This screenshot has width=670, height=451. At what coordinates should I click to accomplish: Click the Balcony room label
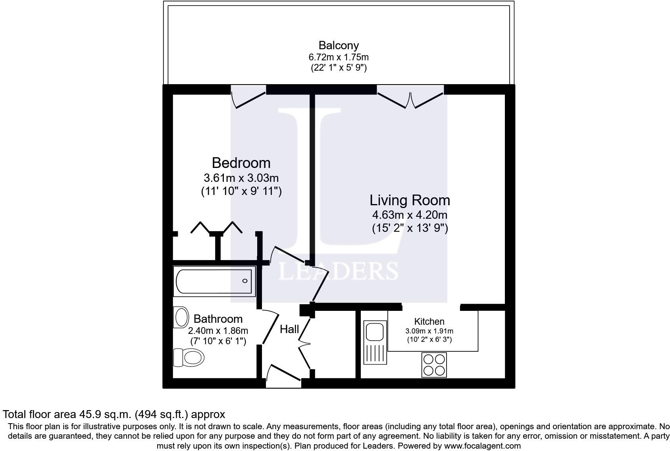pyautogui.click(x=339, y=45)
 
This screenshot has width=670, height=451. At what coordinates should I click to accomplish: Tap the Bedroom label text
pyautogui.click(x=241, y=163)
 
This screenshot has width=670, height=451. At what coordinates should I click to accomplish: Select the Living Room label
pyautogui.click(x=410, y=200)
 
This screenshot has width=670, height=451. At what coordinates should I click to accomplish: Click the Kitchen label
pyautogui.click(x=429, y=322)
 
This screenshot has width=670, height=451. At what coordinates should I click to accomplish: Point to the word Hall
pyautogui.click(x=289, y=329)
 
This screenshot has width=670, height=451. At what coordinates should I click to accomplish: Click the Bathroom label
pyautogui.click(x=218, y=319)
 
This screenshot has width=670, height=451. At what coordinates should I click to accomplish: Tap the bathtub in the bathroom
pyautogui.click(x=214, y=281)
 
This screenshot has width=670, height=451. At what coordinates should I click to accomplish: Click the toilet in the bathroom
pyautogui.click(x=189, y=357)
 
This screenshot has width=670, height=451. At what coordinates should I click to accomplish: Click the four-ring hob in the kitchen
pyautogui.click(x=433, y=365)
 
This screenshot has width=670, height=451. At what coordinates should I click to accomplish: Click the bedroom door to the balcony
pyautogui.click(x=248, y=97)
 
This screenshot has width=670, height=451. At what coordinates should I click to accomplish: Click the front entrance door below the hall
pyautogui.click(x=283, y=376)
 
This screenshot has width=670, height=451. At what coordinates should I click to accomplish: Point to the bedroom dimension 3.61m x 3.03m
pyautogui.click(x=241, y=177)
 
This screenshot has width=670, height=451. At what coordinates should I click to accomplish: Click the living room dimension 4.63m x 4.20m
pyautogui.click(x=410, y=215)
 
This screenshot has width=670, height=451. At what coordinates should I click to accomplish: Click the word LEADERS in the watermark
pyautogui.click(x=339, y=271)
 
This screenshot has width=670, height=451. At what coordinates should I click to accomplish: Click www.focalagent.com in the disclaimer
pyautogui.click(x=482, y=445)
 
